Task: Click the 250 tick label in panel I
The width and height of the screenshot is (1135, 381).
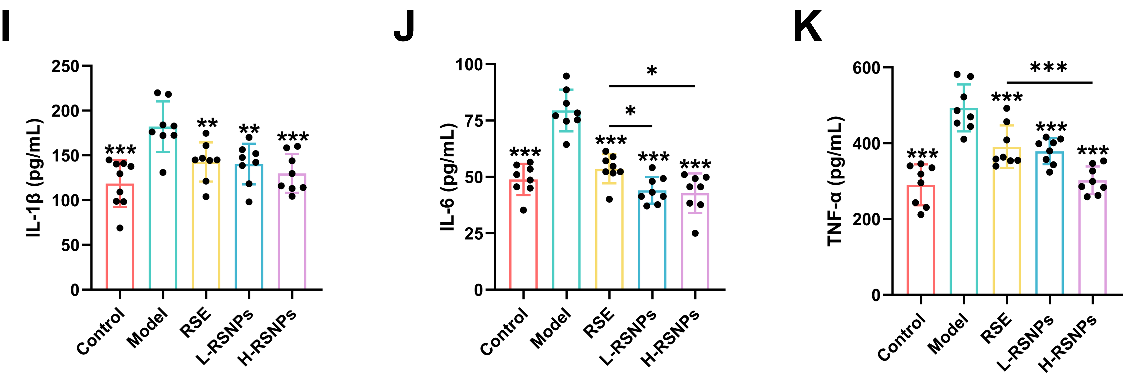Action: pos(65,66)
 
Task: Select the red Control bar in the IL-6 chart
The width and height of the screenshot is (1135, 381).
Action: pos(523,238)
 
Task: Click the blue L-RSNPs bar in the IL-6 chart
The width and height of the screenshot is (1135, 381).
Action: pos(652,242)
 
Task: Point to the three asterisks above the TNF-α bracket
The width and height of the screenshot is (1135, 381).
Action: pos(1049,67)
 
